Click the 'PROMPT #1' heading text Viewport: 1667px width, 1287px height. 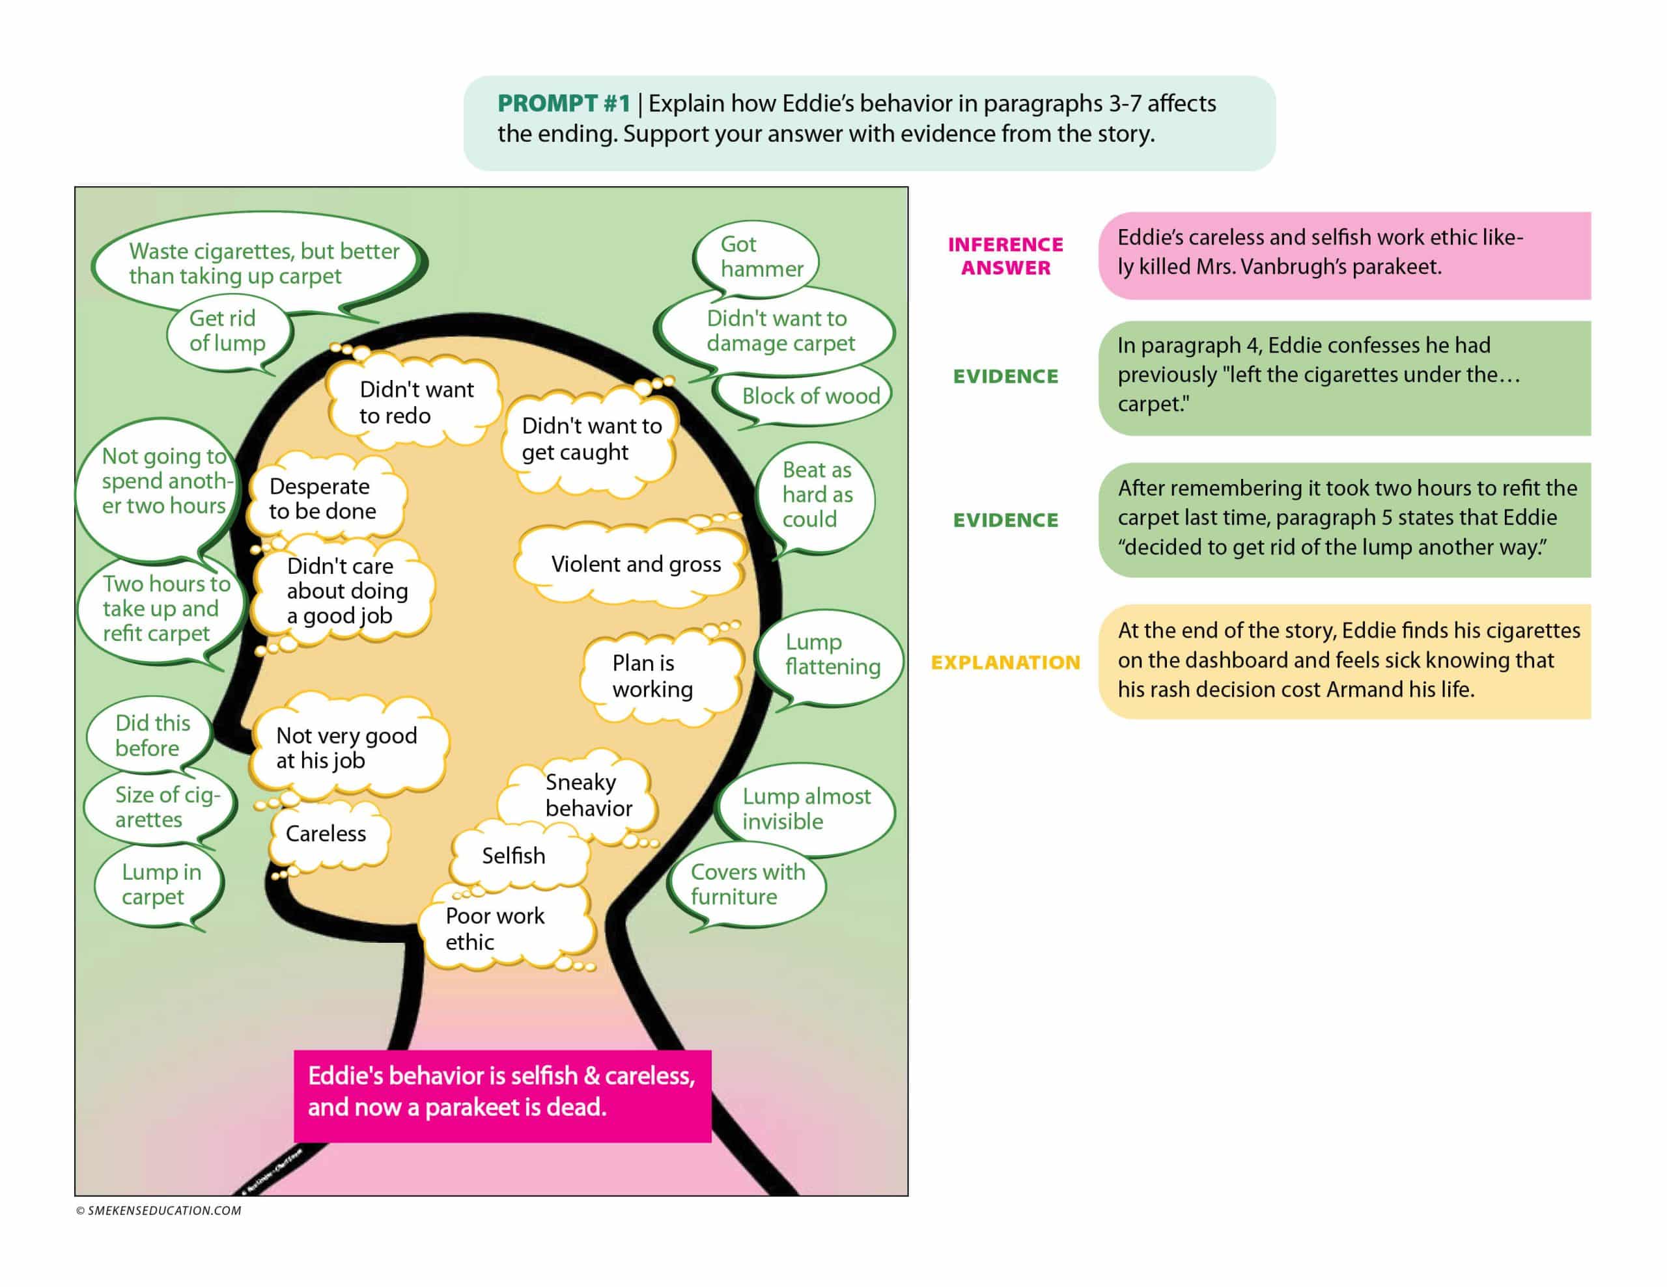point(563,103)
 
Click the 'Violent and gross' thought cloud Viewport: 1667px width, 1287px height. point(634,565)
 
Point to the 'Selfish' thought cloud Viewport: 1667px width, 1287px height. point(514,856)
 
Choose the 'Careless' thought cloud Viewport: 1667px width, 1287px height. point(326,834)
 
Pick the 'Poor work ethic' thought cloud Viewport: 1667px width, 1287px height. point(496,928)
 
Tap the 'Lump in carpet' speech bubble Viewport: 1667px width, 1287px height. point(160,884)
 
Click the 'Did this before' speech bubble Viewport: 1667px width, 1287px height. point(152,735)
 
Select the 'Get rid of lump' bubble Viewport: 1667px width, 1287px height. point(227,331)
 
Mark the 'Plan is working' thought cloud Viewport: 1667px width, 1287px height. point(652,676)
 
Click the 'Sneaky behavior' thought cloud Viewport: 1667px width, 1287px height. point(586,795)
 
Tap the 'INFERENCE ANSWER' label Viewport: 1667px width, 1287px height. point(1005,256)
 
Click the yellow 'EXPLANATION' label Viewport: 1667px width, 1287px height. point(1005,662)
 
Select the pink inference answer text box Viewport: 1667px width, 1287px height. point(1343,256)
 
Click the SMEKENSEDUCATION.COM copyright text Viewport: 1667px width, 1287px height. point(159,1211)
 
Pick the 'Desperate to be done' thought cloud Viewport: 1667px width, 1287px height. point(322,499)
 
